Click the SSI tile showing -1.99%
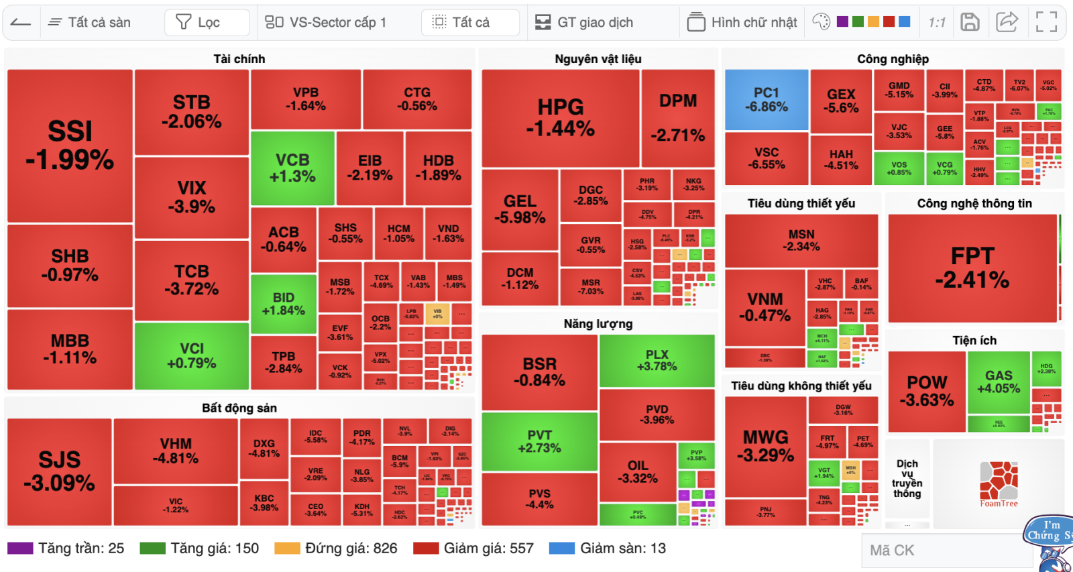point(70,146)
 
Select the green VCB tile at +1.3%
point(292,168)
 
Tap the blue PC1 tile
point(767,100)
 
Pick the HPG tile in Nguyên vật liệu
point(560,117)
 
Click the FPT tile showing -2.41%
point(972,268)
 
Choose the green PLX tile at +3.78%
point(657,360)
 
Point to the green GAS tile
point(998,382)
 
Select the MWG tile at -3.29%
point(765,446)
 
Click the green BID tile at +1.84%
point(283,303)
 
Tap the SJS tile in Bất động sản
point(59,471)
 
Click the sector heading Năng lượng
point(598,324)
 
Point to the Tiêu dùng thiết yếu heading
point(801,203)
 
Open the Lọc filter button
point(207,23)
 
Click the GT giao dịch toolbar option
point(584,23)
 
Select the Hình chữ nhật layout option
point(742,23)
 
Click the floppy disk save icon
point(970,22)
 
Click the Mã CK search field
point(946,551)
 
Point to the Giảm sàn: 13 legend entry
point(608,549)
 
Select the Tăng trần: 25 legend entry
point(66,549)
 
